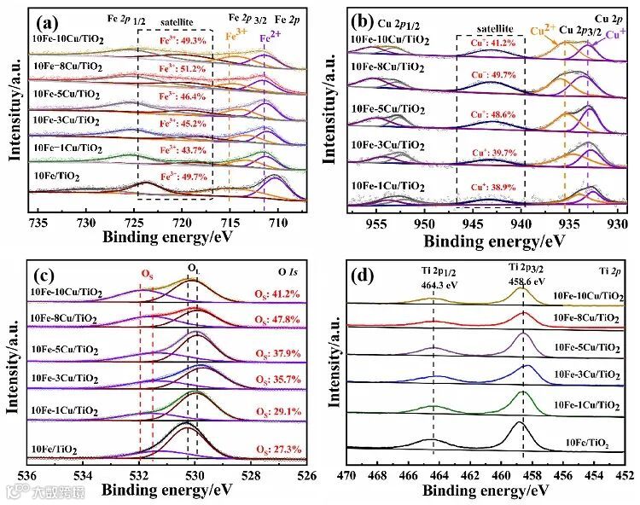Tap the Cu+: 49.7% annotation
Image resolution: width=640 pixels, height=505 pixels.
pyautogui.click(x=492, y=75)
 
